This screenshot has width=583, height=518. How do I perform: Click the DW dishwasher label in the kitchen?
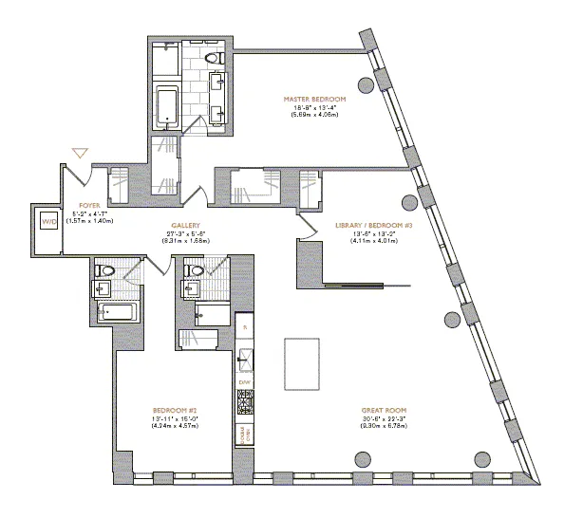[244, 381]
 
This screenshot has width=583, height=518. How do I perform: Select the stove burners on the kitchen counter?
[244, 405]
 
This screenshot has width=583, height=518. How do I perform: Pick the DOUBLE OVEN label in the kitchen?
[244, 435]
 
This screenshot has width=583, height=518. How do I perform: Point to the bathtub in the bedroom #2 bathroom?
[117, 312]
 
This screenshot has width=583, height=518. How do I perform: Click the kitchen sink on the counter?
[244, 358]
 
